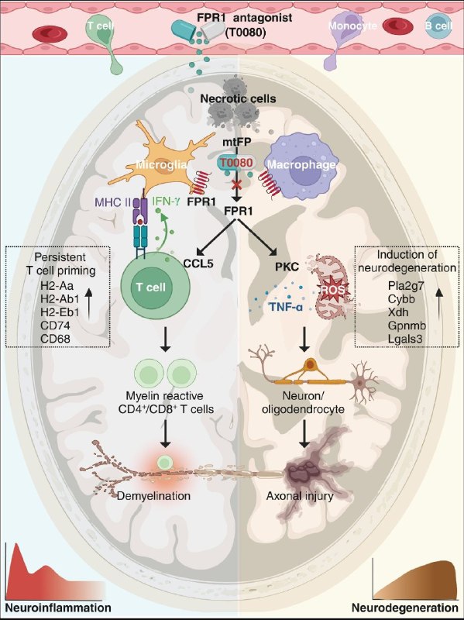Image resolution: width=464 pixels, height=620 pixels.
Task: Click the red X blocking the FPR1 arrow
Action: click(x=236, y=184)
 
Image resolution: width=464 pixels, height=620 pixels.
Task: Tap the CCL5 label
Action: click(x=198, y=263)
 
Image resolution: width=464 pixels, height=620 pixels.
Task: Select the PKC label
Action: click(x=287, y=267)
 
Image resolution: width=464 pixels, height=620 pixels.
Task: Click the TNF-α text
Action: click(x=287, y=306)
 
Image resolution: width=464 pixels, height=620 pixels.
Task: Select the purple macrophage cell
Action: click(x=301, y=165)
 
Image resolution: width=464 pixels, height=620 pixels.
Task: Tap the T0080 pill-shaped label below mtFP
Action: click(x=236, y=163)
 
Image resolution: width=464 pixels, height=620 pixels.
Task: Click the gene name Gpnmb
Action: click(x=407, y=325)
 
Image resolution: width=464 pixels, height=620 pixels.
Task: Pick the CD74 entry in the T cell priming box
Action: click(x=55, y=325)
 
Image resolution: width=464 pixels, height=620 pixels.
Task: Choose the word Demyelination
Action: click(x=153, y=495)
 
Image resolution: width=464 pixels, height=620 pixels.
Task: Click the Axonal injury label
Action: click(x=300, y=496)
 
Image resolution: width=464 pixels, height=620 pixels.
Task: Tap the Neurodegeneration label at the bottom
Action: click(x=404, y=608)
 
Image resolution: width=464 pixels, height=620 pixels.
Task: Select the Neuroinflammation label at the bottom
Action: click(x=58, y=608)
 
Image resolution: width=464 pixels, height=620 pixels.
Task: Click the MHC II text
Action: click(x=112, y=202)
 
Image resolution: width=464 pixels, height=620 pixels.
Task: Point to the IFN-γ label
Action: click(x=166, y=201)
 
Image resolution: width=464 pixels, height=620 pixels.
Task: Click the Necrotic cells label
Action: click(x=238, y=98)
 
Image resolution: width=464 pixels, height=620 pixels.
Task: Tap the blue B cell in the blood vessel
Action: click(x=438, y=26)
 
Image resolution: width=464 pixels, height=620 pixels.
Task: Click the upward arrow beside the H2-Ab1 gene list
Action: click(x=89, y=303)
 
